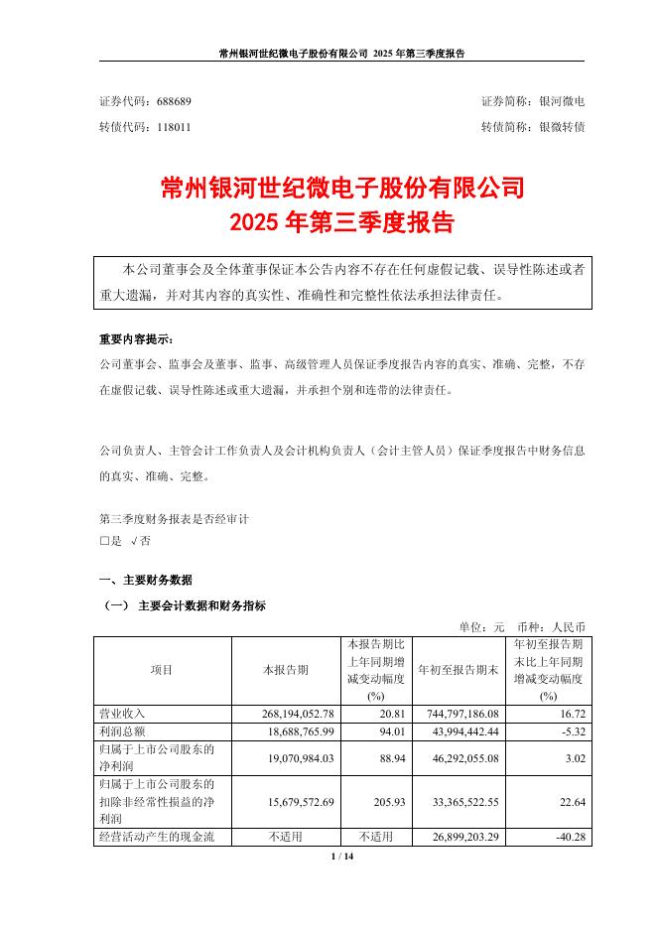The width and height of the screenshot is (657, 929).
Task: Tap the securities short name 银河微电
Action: coord(561,102)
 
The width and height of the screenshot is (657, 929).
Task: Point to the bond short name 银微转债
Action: coord(561,128)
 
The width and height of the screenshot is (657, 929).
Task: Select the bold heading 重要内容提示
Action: coord(136,339)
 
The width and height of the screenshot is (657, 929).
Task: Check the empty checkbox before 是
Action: coord(104,542)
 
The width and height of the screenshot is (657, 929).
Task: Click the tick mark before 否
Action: coord(133,542)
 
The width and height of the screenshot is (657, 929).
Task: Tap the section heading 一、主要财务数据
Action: coord(146,580)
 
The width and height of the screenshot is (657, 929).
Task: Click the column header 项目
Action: coord(161,670)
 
